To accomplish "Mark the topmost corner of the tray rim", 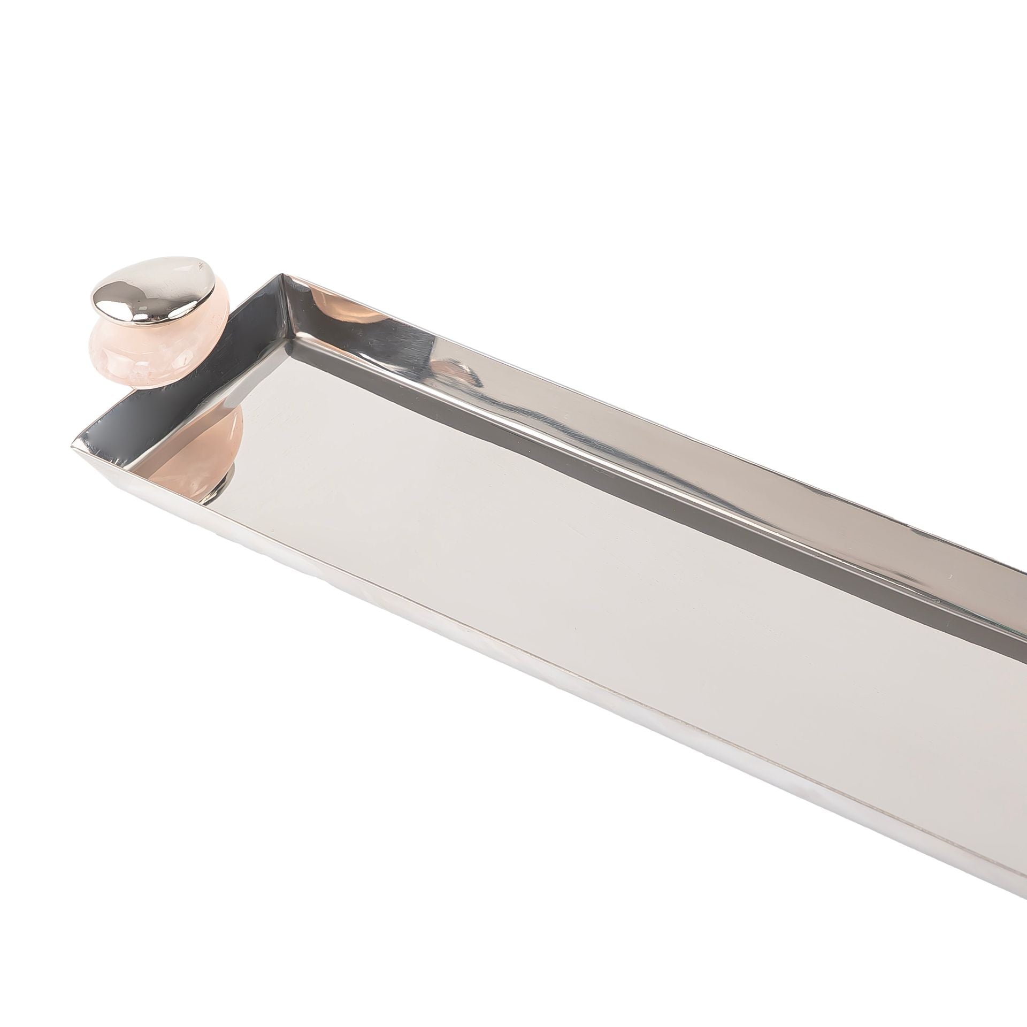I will click(x=282, y=275).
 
